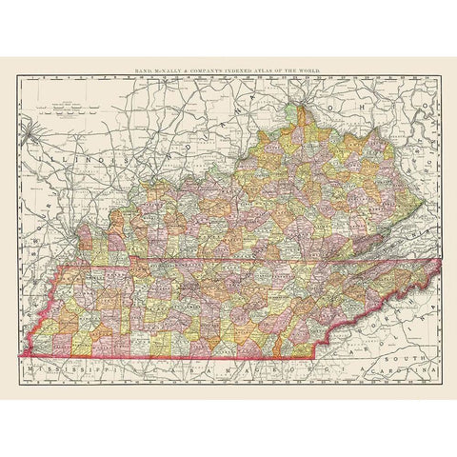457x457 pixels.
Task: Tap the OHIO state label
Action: coord(371,122)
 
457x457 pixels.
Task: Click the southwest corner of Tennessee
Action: coord(21,356)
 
